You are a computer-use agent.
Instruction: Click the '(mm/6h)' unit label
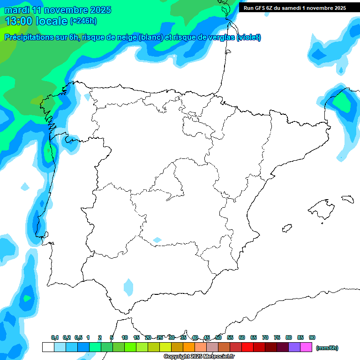click(327, 348)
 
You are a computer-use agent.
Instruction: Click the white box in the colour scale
click(48, 347)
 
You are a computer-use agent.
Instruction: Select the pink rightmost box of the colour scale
click(306, 347)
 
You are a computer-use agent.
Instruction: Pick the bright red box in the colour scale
click(247, 347)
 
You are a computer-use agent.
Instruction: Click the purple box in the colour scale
click(294, 347)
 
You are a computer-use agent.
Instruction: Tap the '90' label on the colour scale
click(312, 337)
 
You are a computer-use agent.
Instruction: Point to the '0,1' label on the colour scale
click(54, 337)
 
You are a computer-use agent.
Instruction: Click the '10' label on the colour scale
click(125, 337)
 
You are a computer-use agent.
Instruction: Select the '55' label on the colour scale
click(230, 337)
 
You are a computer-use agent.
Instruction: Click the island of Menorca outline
click(347, 199)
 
